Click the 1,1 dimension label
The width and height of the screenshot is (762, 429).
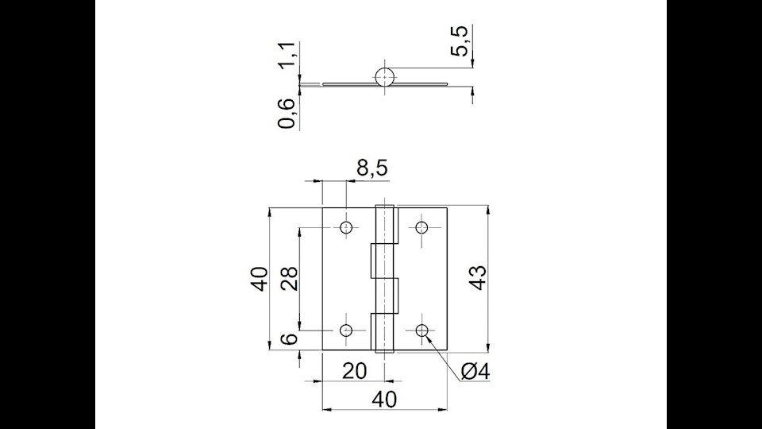click(x=291, y=55)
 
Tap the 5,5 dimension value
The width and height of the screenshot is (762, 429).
click(x=460, y=41)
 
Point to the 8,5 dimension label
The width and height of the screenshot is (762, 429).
click(x=371, y=168)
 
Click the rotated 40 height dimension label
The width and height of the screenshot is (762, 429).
click(x=259, y=279)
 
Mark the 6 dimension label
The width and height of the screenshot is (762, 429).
click(x=291, y=339)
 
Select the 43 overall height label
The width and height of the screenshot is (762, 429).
click(x=476, y=279)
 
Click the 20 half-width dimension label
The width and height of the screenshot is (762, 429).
click(x=354, y=371)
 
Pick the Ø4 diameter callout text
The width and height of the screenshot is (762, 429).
click(x=475, y=371)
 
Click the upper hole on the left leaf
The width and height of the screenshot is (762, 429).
click(x=346, y=228)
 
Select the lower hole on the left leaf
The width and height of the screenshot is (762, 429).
click(x=346, y=330)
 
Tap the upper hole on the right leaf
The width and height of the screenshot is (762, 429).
click(x=421, y=228)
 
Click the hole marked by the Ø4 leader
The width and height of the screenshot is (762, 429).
click(x=421, y=330)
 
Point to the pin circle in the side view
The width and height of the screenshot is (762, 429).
click(x=384, y=77)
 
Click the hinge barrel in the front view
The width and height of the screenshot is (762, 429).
click(x=384, y=278)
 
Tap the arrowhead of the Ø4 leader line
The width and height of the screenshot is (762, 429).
click(x=428, y=337)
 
